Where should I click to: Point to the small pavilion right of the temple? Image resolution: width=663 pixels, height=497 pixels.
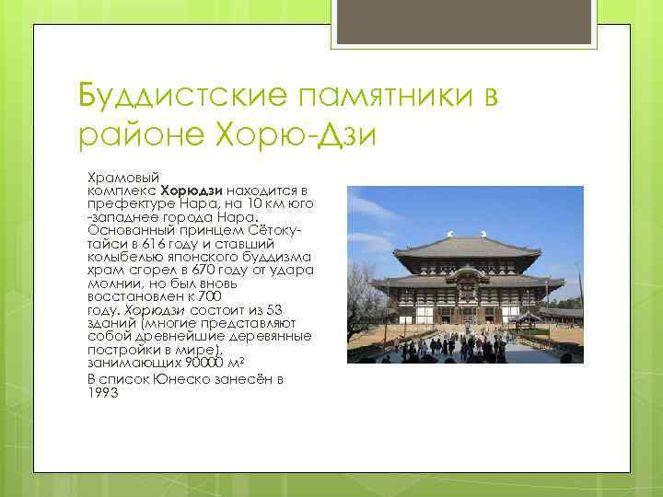529,319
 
